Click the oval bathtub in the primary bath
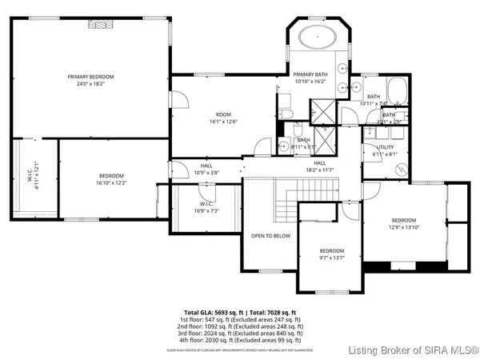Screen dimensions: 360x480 coord(318,38)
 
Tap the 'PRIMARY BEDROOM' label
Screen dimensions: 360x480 coord(89,77)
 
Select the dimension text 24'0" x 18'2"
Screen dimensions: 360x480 coord(89,83)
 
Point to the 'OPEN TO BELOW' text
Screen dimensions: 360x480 coord(270,236)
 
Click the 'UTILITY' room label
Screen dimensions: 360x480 coord(385,148)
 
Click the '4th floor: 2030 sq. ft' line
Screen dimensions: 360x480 coord(240,340)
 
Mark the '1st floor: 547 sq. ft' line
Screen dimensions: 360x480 coord(240,319)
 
